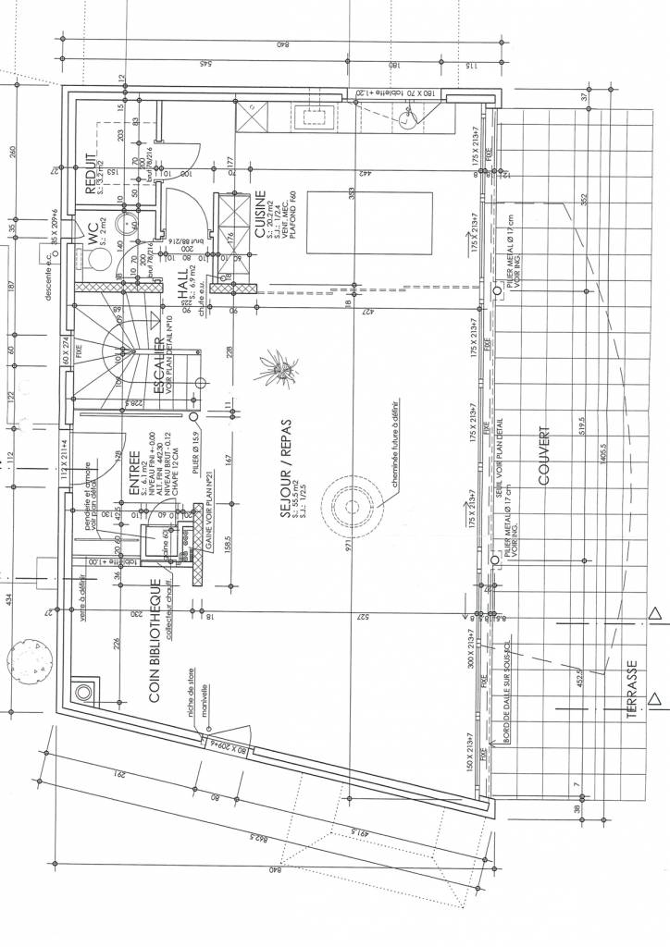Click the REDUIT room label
tap(91, 175)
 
